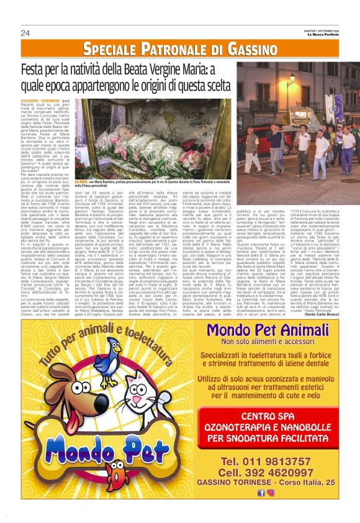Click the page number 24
coord(25,33)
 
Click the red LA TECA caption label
coord(81,180)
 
